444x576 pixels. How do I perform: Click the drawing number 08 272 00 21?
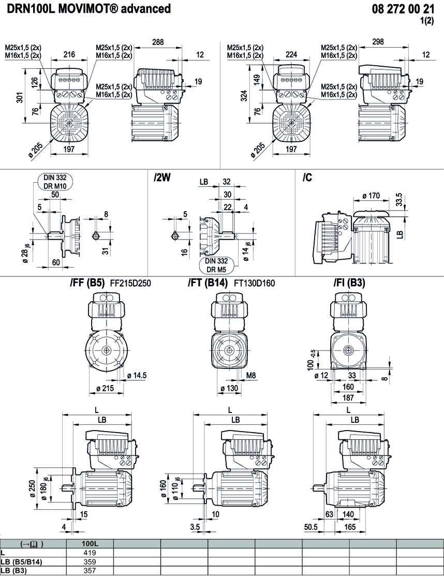pos(403,9)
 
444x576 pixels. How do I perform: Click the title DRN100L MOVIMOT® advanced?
pos(88,9)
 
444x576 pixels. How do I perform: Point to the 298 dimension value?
pos(378,42)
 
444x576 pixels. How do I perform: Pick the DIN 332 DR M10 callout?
pos(55,182)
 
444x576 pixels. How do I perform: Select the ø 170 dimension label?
pos(371,196)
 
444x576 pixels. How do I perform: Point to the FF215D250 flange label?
pos(130,283)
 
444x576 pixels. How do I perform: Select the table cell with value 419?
pos(91,553)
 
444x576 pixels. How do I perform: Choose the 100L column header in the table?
pos(91,544)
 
